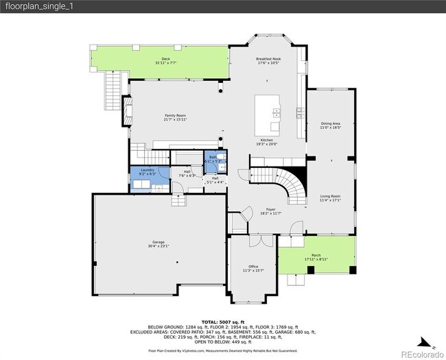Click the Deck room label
pyautogui.click(x=165, y=59)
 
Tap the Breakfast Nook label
pyautogui.click(x=268, y=60)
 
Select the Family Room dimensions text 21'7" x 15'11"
pyautogui.click(x=176, y=119)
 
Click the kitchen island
pyautogui.click(x=268, y=115)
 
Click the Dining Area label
pyautogui.click(x=331, y=123)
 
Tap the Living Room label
pyautogui.click(x=331, y=197)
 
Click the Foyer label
pyautogui.click(x=270, y=209)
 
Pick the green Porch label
pyautogui.click(x=317, y=255)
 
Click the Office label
pyautogui.click(x=253, y=267)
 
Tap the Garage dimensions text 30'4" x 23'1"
pyautogui.click(x=159, y=245)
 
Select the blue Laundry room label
pyautogui.click(x=148, y=170)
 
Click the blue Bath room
pyautogui.click(x=212, y=166)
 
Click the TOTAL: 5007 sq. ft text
pyautogui.click(x=223, y=322)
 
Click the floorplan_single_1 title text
pyautogui.click(x=30, y=6)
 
